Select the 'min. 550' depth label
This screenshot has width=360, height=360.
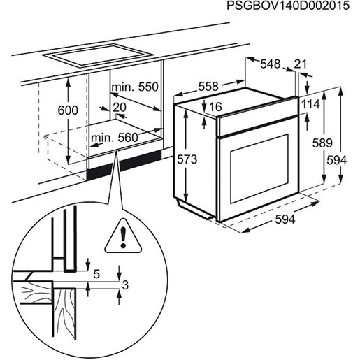[x=136, y=87]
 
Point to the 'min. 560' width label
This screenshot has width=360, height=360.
[x=113, y=138]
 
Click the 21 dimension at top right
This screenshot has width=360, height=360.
[x=301, y=64]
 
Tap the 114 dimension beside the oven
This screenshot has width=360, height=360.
[x=311, y=104]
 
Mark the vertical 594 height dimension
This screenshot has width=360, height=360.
[x=336, y=160]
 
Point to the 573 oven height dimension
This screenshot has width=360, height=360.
[x=186, y=159]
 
